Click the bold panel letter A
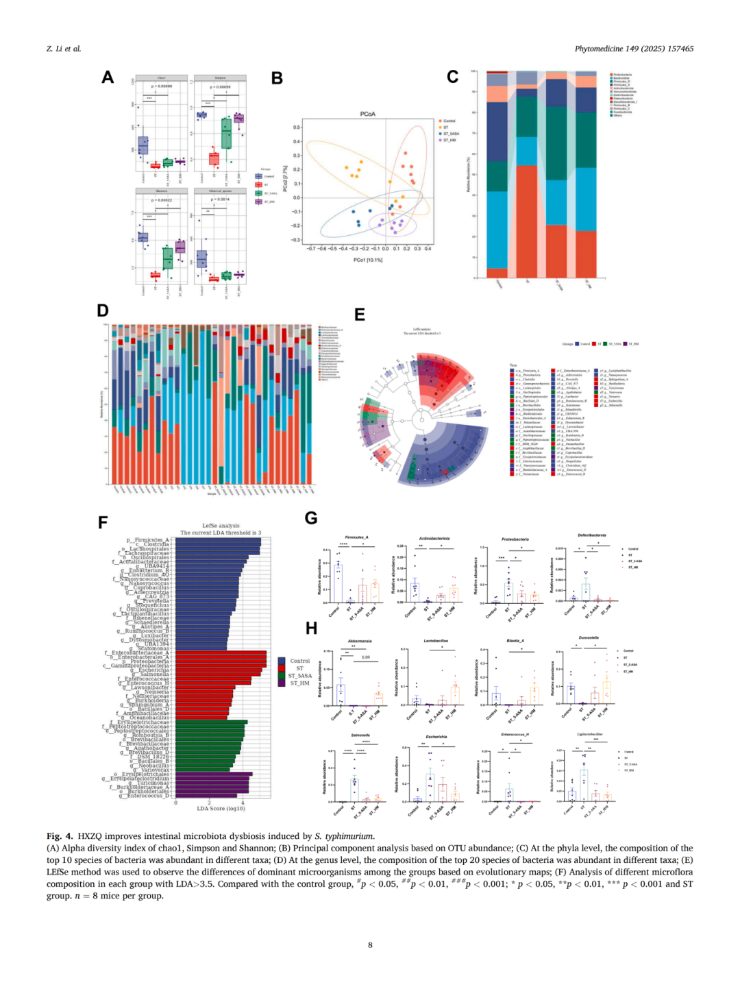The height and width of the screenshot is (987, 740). click(x=108, y=77)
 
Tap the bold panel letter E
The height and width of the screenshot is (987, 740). click(x=360, y=315)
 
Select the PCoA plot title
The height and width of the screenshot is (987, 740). click(x=367, y=114)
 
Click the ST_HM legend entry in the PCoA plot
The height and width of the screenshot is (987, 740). click(x=449, y=140)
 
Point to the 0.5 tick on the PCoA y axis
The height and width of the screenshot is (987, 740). click(x=297, y=127)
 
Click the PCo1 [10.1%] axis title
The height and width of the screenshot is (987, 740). click(x=368, y=260)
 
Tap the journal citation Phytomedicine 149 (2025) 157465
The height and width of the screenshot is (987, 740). click(x=634, y=49)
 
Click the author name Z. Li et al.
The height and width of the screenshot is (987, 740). click(x=64, y=49)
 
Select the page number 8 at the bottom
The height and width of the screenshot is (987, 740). click(x=370, y=945)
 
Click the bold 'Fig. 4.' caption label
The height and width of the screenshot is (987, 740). click(x=60, y=836)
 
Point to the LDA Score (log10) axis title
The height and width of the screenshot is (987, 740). click(x=221, y=808)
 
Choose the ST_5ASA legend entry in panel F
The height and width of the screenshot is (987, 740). click(x=299, y=676)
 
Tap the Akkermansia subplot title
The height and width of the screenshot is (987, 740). click(x=360, y=642)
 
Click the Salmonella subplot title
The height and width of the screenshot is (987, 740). click(x=360, y=735)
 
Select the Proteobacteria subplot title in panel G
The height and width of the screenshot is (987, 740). click(x=515, y=539)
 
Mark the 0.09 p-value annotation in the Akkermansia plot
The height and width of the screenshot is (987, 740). click(x=366, y=657)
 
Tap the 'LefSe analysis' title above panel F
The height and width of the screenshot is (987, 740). click(x=221, y=526)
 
